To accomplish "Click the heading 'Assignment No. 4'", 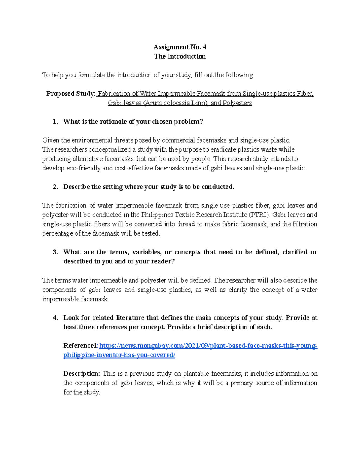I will [x=180, y=47].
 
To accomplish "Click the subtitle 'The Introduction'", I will [x=180, y=56].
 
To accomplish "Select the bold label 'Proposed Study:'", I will [x=71, y=94].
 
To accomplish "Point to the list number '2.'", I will [x=55, y=187].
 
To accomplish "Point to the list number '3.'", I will [x=55, y=252].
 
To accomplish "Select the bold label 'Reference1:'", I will [x=81, y=346].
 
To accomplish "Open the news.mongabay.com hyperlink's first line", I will [x=208, y=346].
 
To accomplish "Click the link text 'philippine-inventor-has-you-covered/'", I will [x=119, y=355].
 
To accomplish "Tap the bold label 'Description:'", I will [x=81, y=374].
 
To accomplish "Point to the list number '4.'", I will [x=55, y=318].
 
